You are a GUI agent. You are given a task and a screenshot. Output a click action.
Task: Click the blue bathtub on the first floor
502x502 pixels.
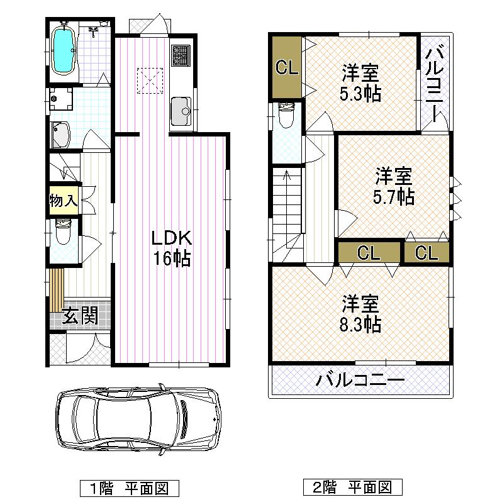click(x=64, y=50)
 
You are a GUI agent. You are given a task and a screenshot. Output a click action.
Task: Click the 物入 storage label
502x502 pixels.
click(x=63, y=201)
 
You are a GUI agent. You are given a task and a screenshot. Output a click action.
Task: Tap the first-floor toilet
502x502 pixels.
click(x=63, y=233)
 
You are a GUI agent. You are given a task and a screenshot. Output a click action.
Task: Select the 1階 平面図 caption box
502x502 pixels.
click(x=130, y=487)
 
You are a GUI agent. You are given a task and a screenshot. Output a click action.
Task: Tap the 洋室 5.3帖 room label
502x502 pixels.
click(x=360, y=84)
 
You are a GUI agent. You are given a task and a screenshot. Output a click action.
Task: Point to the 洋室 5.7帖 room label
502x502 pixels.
click(x=394, y=186)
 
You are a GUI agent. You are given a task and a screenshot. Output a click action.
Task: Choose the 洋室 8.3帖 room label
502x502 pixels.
click(x=360, y=314)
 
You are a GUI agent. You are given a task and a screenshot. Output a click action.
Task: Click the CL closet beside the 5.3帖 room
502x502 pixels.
click(x=287, y=67)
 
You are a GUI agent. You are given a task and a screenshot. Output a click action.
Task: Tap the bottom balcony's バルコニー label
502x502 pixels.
click(x=360, y=381)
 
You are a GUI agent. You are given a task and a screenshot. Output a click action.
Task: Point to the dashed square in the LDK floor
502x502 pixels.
click(x=150, y=80)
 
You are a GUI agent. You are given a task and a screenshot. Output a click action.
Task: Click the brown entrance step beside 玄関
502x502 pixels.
click(x=57, y=289)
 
